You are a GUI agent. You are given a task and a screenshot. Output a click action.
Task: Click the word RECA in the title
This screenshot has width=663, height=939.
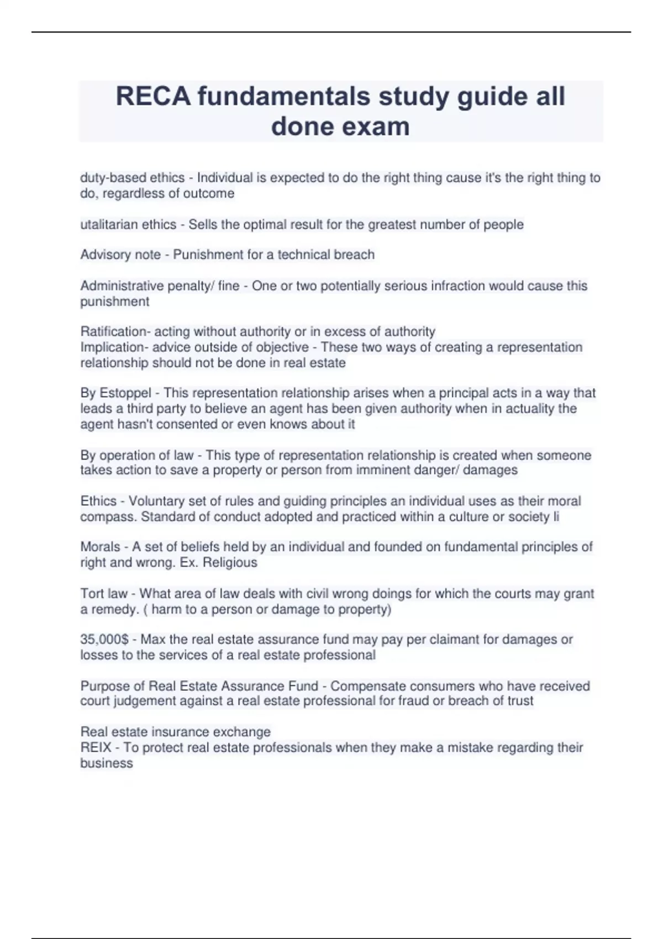tap(152, 97)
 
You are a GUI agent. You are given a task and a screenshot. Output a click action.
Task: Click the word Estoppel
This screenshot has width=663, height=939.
tap(125, 393)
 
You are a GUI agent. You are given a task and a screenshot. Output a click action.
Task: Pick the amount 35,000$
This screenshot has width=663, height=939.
tap(104, 640)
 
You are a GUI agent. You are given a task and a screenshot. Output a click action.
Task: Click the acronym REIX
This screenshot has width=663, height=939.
tap(96, 748)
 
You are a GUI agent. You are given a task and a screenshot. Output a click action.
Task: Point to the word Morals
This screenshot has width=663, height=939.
tap(100, 547)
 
